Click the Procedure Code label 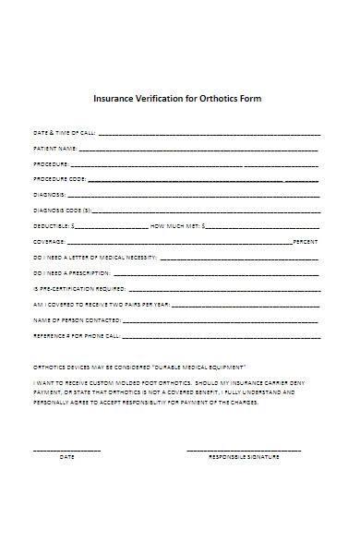[60, 179]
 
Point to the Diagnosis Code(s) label [64, 210]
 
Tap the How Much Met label [174, 225]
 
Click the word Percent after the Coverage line [306, 241]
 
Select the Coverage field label [49, 241]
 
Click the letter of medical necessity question [95, 257]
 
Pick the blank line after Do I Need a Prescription [217, 273]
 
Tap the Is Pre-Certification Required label [78, 288]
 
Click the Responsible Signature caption [244, 456]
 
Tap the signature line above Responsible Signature [244, 449]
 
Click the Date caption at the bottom [66, 456]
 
